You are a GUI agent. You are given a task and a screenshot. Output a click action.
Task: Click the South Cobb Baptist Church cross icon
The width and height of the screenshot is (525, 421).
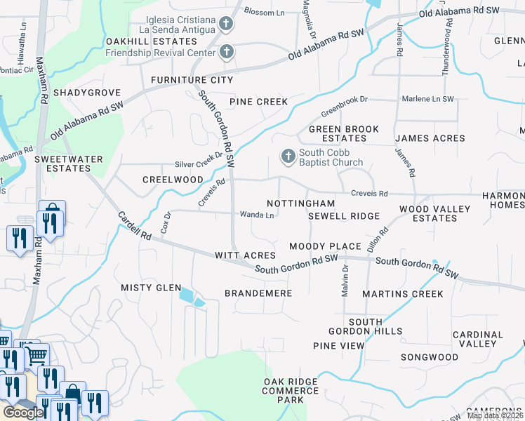[288, 155]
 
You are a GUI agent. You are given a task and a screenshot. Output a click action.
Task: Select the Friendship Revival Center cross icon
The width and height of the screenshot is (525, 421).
[226, 51]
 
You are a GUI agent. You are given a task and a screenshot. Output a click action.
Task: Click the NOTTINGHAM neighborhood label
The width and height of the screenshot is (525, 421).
[296, 203]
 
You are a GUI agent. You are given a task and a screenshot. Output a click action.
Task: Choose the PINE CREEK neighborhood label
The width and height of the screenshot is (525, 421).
[258, 102]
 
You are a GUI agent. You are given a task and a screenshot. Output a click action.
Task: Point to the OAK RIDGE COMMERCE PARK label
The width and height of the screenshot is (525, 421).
[291, 390]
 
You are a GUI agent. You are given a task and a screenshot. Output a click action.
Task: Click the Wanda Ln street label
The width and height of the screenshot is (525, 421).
[257, 215]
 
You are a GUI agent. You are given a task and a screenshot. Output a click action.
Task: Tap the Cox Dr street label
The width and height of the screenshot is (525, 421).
[166, 222]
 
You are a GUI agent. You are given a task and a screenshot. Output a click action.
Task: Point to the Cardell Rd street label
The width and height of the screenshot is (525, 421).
[135, 227]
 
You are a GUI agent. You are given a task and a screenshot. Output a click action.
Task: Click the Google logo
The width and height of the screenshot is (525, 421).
[23, 413]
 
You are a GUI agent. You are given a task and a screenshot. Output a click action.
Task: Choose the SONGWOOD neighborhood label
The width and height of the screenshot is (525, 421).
[429, 357]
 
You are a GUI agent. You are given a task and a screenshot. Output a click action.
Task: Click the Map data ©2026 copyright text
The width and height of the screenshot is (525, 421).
[495, 416]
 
